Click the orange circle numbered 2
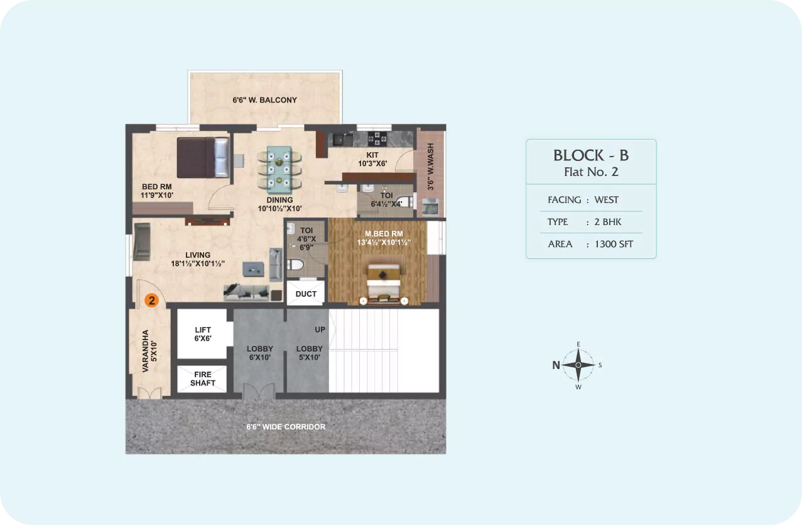tap(152, 301)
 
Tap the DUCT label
tap(306, 294)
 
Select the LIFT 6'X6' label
tap(203, 334)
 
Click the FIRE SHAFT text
tap(203, 379)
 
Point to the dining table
tap(279, 169)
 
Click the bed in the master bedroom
tap(384, 284)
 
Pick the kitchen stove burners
tap(377, 139)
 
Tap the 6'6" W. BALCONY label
tap(265, 100)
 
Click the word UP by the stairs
tap(320, 329)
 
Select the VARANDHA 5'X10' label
tap(149, 351)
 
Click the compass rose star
tap(578, 365)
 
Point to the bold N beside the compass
tap(556, 365)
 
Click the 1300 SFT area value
tap(614, 245)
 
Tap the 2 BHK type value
tap(607, 222)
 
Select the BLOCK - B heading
tap(591, 155)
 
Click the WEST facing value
tap(606, 200)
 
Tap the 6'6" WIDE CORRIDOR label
tap(286, 427)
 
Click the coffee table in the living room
tap(254, 269)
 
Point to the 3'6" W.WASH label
tap(430, 167)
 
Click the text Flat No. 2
tap(591, 172)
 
